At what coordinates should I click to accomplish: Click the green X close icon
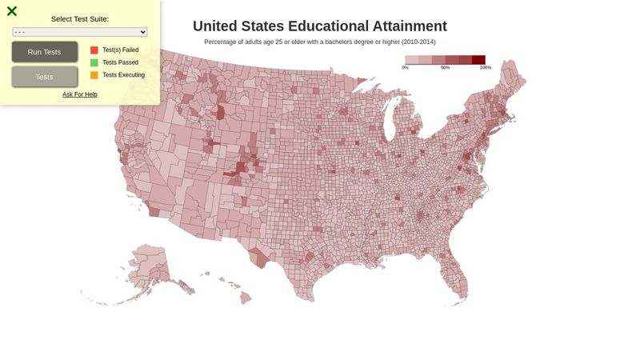point(12,11)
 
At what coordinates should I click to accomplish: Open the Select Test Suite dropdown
point(80,32)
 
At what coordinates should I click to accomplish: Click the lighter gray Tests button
point(45,77)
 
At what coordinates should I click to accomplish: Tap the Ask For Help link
point(80,94)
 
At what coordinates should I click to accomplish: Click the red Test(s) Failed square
point(94,50)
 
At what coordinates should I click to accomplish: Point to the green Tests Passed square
point(94,62)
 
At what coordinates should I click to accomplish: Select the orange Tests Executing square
point(94,75)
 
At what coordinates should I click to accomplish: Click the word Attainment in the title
point(406,26)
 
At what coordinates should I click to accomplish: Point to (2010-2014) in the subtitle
point(418,42)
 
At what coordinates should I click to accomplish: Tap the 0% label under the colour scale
point(406,68)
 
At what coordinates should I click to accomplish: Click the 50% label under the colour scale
point(445,68)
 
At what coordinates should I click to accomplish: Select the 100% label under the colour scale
point(485,68)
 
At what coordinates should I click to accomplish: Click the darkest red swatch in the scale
point(478,60)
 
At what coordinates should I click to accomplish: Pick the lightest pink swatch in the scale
point(412,60)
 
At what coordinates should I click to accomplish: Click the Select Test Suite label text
point(80,18)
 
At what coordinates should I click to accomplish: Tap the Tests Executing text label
point(124,75)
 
